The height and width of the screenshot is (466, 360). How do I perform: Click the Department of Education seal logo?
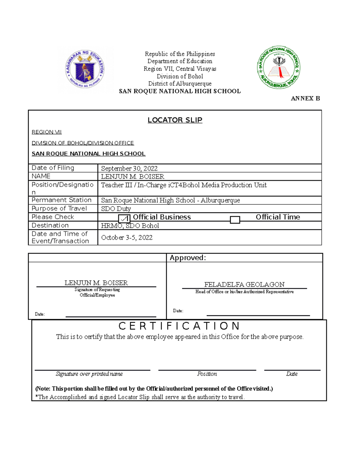coord(85,69)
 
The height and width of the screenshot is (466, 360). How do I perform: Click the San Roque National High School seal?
coord(279,68)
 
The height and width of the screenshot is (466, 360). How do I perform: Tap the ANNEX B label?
coord(305,98)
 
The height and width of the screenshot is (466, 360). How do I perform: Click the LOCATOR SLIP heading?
coord(175,120)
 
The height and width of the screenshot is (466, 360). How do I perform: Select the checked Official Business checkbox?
coord(124,219)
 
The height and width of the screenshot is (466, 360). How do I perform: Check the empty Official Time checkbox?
coord(235,220)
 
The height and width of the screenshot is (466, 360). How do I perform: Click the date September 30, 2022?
coord(129,168)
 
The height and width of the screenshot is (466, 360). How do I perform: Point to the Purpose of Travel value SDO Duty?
coord(116,209)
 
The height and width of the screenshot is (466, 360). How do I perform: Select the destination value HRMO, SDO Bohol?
coord(130,226)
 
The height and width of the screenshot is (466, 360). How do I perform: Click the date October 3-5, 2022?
coord(127,238)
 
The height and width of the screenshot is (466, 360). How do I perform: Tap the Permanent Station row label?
coord(61,200)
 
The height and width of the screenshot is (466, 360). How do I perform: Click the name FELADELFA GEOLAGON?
coord(244,284)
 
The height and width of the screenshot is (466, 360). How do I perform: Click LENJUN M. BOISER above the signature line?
coord(96,283)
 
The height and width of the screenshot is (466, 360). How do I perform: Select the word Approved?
coord(188,258)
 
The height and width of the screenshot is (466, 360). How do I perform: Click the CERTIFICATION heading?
coord(179,326)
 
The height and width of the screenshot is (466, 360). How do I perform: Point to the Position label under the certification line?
coord(207,374)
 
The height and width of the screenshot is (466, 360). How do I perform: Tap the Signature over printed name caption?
coord(89,374)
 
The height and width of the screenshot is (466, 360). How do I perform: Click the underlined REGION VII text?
coord(46,132)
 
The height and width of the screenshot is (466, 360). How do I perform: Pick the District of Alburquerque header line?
coord(180,84)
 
